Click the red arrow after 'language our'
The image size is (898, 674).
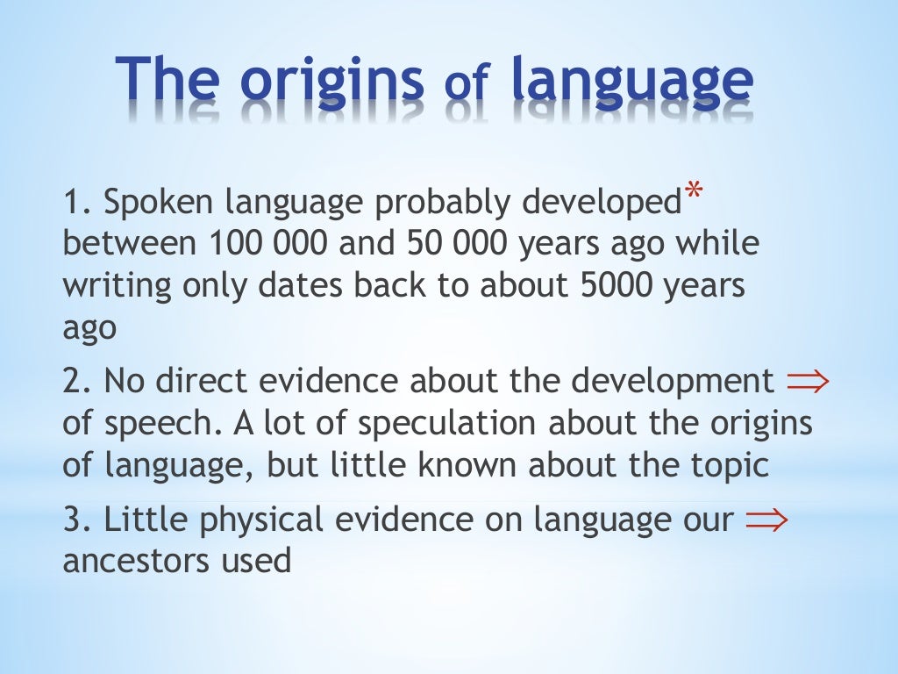pyautogui.click(x=766, y=520)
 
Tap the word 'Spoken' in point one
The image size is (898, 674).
pyautogui.click(x=160, y=203)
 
